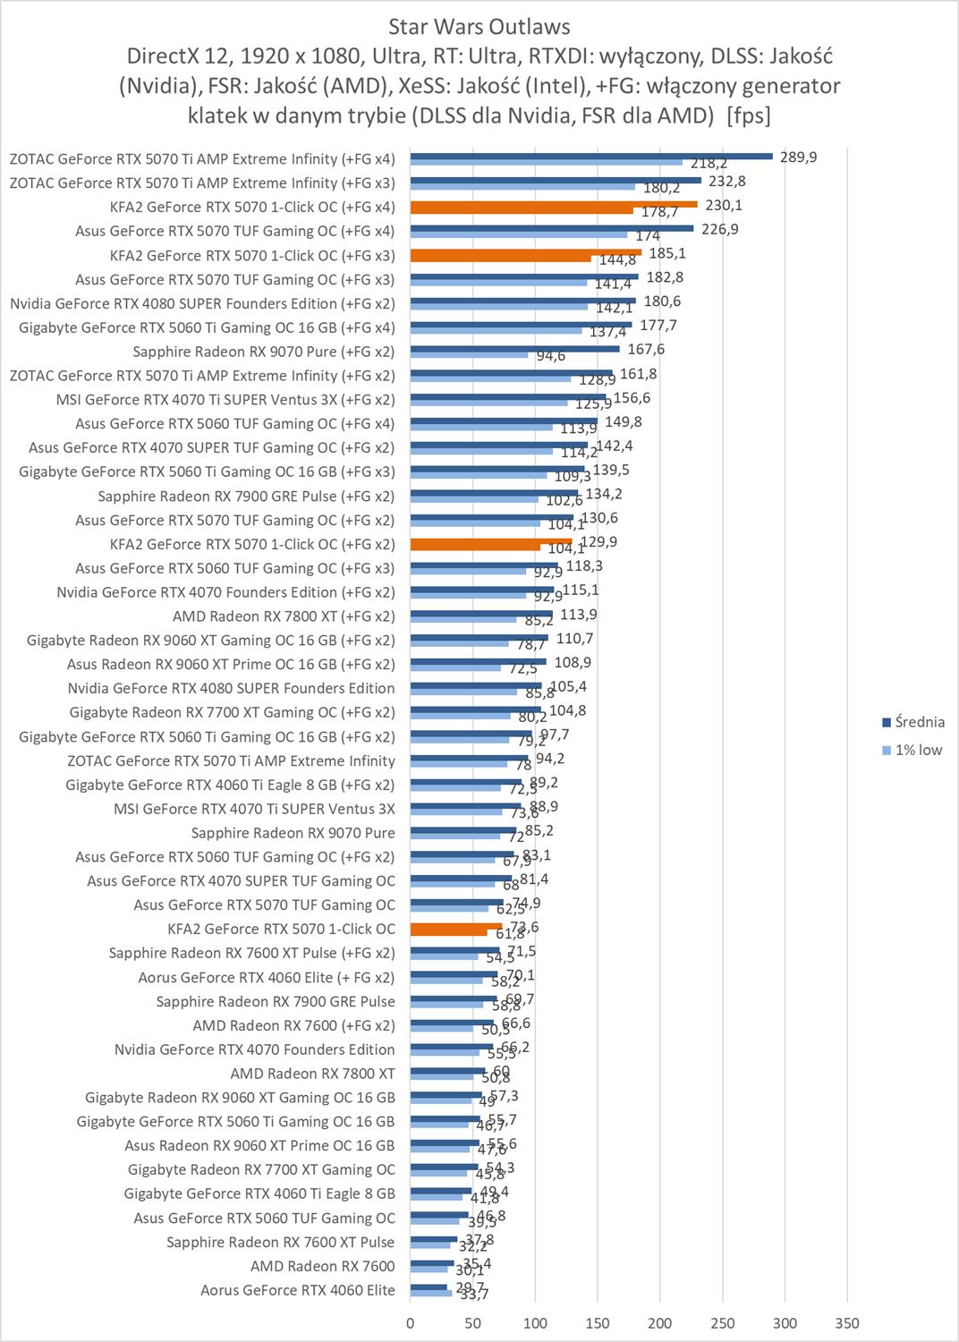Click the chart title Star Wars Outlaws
click(x=479, y=27)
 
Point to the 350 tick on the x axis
click(x=846, y=1323)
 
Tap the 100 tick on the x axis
click(x=535, y=1323)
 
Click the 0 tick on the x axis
click(x=411, y=1323)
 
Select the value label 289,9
click(x=798, y=157)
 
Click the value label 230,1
click(x=723, y=205)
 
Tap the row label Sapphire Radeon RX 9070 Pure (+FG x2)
click(x=263, y=352)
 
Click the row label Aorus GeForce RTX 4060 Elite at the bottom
click(x=297, y=1290)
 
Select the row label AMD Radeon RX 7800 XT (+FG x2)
click(x=283, y=616)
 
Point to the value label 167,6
click(x=646, y=350)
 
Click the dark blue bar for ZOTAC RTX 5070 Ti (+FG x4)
click(x=590, y=156)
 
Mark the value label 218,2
click(x=709, y=164)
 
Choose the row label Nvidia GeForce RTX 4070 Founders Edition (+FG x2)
click(x=225, y=592)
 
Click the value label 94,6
click(x=550, y=356)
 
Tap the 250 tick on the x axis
click(x=722, y=1323)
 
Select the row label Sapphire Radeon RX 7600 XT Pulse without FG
click(x=280, y=1242)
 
